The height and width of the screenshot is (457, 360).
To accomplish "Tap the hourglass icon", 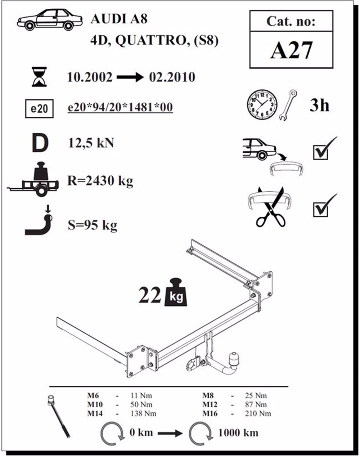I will tap(39, 76).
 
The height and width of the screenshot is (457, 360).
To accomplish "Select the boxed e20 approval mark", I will tap(39, 108).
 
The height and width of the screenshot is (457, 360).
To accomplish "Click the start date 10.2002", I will tap(90, 77).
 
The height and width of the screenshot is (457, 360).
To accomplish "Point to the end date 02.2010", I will tap(172, 77).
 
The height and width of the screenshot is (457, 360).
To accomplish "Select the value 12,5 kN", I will tap(91, 143).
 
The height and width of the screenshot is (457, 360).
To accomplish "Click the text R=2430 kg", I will tap(100, 180).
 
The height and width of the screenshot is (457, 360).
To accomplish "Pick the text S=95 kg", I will tap(93, 225).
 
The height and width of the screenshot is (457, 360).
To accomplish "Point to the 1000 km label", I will tap(238, 432).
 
